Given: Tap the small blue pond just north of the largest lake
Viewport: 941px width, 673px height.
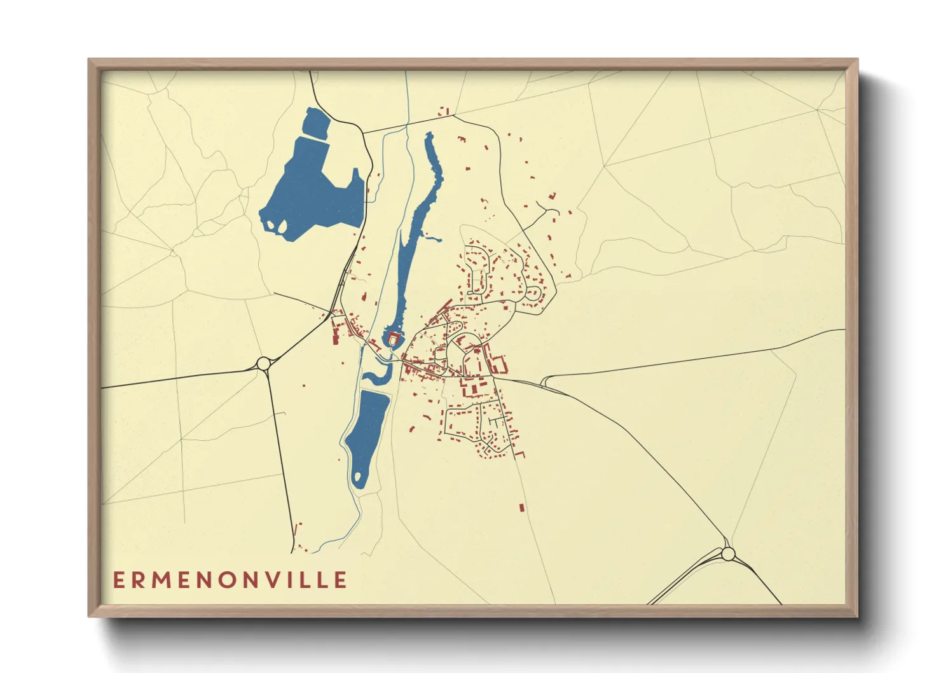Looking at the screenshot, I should point(316,122).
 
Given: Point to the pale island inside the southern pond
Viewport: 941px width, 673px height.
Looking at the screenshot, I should point(358,475).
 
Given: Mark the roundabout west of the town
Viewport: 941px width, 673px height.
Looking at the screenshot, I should point(263,364).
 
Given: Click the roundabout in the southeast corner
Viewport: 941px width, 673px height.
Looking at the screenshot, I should point(728,554).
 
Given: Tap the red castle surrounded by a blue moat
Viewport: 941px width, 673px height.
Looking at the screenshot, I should point(394,338).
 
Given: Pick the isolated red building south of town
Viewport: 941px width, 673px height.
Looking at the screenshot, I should point(521,508).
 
